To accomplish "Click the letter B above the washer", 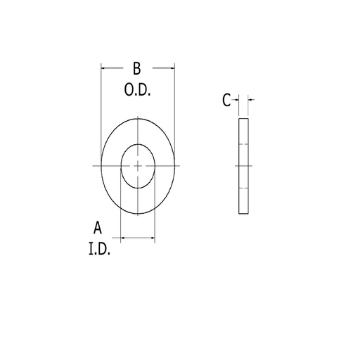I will pyautogui.click(x=137, y=68).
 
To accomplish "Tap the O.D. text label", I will pyautogui.click(x=138, y=91).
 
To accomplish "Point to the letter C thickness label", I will pyautogui.click(x=226, y=101).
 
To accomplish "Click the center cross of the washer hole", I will pyautogui.click(x=138, y=165).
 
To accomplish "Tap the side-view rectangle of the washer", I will pyautogui.click(x=243, y=166).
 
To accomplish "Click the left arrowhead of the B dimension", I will pyautogui.click(x=104, y=68).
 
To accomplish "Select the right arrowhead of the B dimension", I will pyautogui.click(x=172, y=68).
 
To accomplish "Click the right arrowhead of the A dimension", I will pyautogui.click(x=152, y=239).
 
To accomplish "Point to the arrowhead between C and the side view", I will pyautogui.click(x=236, y=100).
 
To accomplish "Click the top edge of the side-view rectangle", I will pyautogui.click(x=243, y=120).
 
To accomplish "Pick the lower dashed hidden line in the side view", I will pyautogui.click(x=243, y=188).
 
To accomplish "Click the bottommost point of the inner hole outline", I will pyautogui.click(x=138, y=188).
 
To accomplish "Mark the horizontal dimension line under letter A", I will pyautogui.click(x=138, y=239).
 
